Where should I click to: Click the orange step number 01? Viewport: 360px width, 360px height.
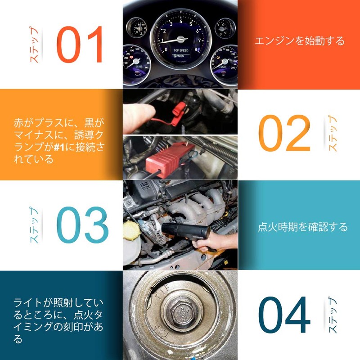click(x=80, y=44)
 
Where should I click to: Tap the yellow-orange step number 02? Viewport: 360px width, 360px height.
click(x=284, y=133)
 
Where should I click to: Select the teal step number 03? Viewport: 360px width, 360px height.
click(x=82, y=225)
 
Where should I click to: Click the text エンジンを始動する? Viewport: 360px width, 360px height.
click(x=300, y=41)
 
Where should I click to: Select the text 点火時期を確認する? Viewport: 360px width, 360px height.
click(x=302, y=227)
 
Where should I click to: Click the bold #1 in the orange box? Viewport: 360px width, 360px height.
click(x=59, y=147)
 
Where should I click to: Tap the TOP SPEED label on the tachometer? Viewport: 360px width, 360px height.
click(x=181, y=50)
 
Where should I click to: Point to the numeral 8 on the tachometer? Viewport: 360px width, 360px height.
click(x=196, y=49)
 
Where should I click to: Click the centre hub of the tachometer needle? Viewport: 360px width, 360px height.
click(x=181, y=40)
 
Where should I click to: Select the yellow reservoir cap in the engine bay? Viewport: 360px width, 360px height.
click(x=131, y=230)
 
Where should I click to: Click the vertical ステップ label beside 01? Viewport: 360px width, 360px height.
click(x=34, y=44)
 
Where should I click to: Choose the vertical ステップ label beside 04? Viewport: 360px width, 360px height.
click(x=333, y=315)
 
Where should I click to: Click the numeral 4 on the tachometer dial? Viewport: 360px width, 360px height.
click(x=181, y=21)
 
